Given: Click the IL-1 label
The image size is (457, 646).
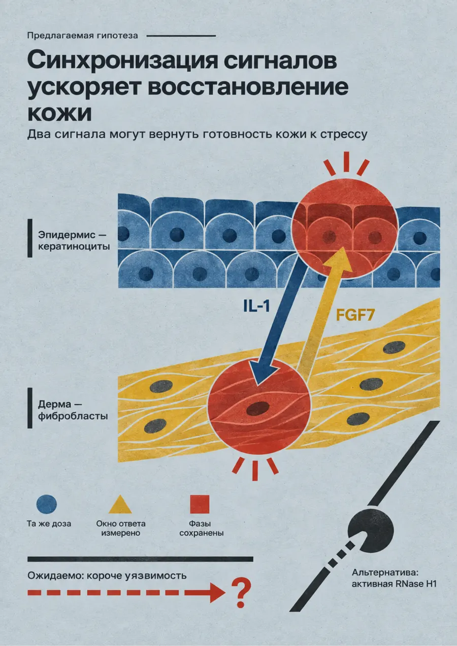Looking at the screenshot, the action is (x=256, y=306).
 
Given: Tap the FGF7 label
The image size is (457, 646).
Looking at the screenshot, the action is (x=355, y=315).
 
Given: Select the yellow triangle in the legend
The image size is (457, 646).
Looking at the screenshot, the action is (x=120, y=505).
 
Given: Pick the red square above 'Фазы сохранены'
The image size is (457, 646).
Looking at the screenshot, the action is (x=200, y=504).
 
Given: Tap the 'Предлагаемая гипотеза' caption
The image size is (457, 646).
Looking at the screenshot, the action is (x=82, y=36).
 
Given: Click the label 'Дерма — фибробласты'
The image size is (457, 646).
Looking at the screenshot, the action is (x=73, y=411).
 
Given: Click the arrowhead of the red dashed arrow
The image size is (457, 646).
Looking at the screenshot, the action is (x=217, y=592).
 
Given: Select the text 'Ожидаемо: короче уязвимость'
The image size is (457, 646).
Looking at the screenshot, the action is (x=107, y=575).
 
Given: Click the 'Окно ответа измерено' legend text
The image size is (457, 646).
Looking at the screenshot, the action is (x=121, y=528).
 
